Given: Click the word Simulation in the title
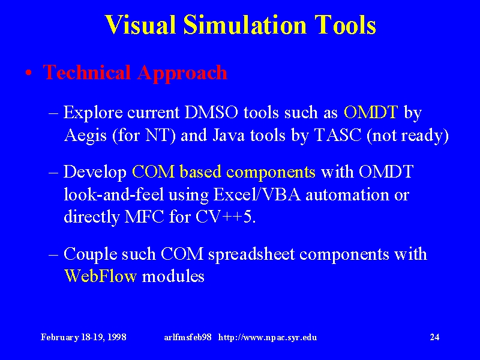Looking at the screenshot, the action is click(x=245, y=25).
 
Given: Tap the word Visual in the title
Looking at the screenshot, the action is click(x=140, y=25).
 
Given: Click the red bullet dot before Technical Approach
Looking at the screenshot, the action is click(x=29, y=73).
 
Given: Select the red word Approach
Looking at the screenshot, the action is click(x=182, y=74).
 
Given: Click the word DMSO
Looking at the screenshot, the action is click(x=211, y=112).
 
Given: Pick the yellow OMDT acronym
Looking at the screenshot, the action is click(x=371, y=112).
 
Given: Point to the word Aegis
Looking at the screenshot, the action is click(x=85, y=136).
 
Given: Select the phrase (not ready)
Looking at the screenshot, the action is click(x=407, y=136).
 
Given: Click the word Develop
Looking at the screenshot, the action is click(x=95, y=172).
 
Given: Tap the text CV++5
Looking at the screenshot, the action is click(x=226, y=217).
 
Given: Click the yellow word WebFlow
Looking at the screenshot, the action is click(x=100, y=276).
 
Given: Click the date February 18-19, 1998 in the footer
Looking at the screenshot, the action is click(x=83, y=337).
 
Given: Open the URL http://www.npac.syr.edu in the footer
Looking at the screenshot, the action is click(x=268, y=337).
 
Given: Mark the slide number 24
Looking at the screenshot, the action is click(x=434, y=337).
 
